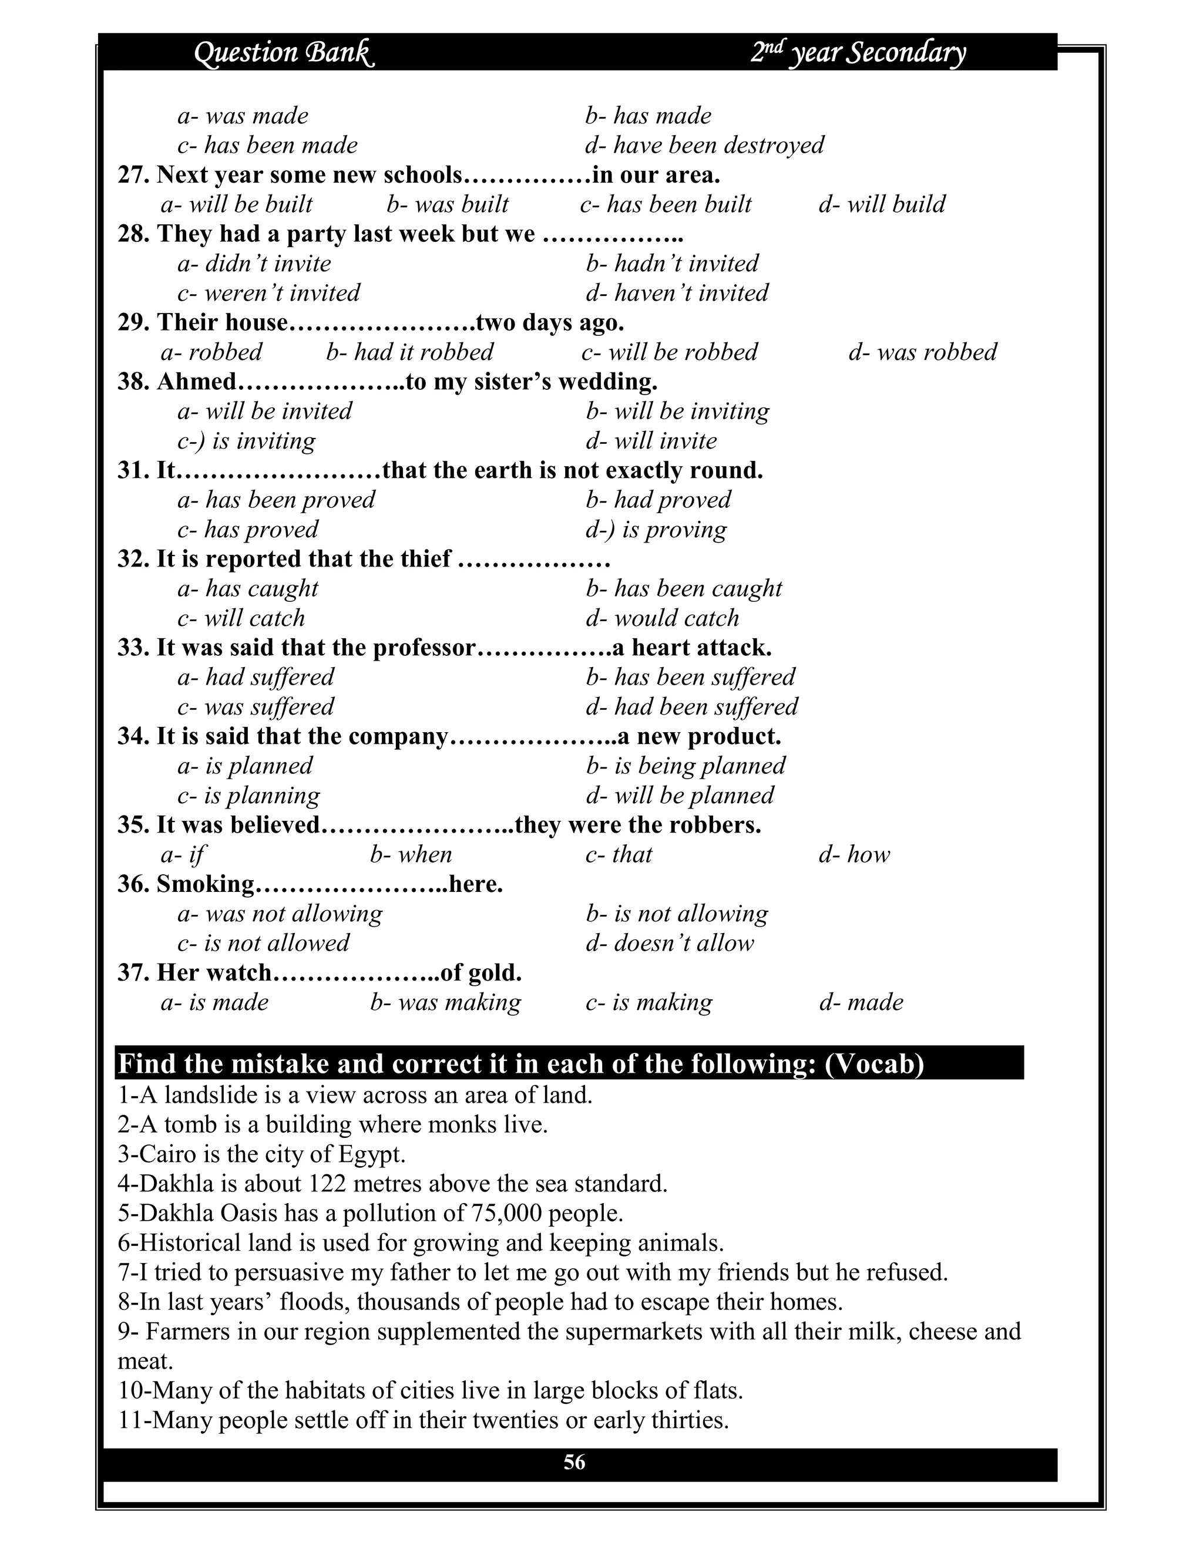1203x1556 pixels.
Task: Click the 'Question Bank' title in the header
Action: (284, 53)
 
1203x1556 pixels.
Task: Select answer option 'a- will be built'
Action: (237, 204)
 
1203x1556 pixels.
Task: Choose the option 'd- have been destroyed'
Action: (704, 146)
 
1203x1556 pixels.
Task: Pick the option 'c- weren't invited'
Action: (268, 293)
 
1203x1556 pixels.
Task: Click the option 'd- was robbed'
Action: (922, 352)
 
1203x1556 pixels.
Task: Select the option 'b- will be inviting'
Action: (678, 411)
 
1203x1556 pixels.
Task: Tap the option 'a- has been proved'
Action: (276, 500)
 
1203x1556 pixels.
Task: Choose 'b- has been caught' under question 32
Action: (684, 588)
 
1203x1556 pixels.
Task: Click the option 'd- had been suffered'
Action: (692, 707)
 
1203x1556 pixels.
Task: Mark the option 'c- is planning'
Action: (248, 795)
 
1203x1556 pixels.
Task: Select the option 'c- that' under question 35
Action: (619, 854)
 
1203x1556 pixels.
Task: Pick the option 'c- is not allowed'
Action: (264, 944)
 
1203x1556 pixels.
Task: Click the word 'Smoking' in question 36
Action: (205, 884)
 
